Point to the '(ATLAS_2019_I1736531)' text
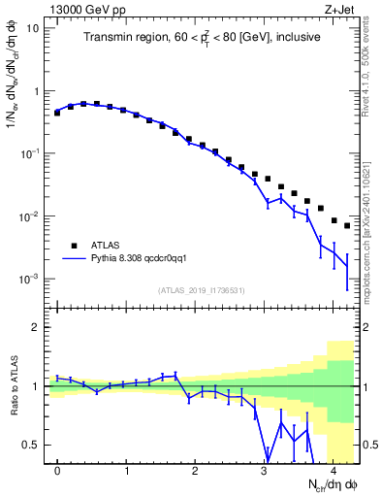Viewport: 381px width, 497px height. [201, 290]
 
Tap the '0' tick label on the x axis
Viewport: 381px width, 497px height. [57, 472]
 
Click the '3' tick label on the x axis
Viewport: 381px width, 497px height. [265, 472]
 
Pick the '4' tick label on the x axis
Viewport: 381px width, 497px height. [333, 472]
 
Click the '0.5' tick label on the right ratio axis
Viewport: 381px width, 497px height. [369, 445]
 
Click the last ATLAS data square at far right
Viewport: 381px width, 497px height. [347, 225]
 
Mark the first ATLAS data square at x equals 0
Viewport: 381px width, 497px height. [57, 113]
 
